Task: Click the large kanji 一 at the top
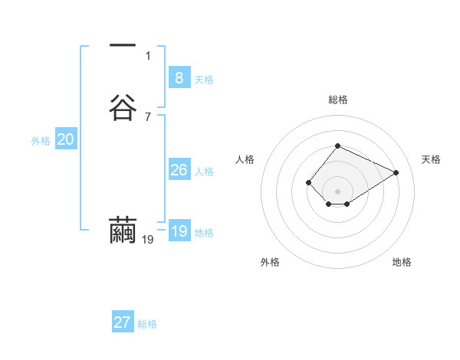tap(123, 46)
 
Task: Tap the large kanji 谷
tap(123, 108)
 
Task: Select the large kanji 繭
tap(123, 231)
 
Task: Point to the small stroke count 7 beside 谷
tap(148, 116)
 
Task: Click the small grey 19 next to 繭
tap(148, 240)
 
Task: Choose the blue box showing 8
tap(179, 78)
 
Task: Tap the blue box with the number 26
tap(179, 170)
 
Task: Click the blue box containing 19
tap(179, 231)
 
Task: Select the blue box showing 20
tap(66, 139)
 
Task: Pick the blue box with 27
tap(123, 322)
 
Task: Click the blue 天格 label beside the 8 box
tap(204, 80)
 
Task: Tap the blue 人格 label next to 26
tap(204, 172)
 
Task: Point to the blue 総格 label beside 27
tap(147, 324)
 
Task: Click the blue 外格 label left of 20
tap(41, 141)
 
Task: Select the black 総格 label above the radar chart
tap(338, 100)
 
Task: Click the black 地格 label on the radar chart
tap(402, 262)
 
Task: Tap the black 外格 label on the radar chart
tap(270, 262)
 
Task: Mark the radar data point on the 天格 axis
tap(396, 172)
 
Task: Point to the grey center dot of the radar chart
tap(338, 191)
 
